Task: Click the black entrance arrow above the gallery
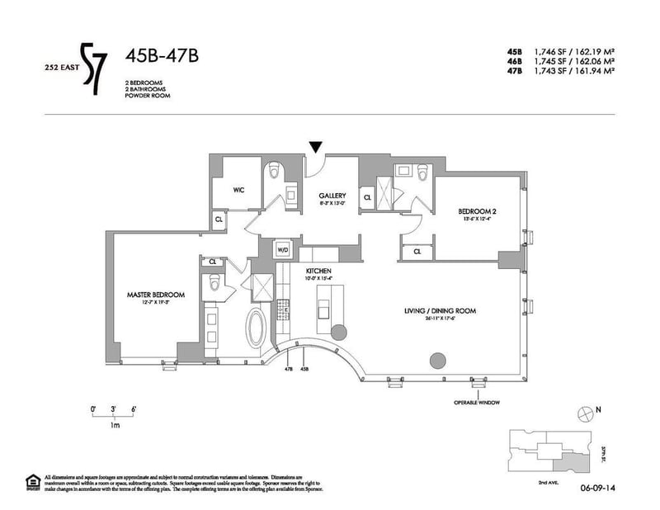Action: (316, 147)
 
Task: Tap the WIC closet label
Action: (238, 190)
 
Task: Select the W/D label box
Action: (282, 248)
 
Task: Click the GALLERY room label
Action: (332, 196)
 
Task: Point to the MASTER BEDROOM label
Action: (155, 295)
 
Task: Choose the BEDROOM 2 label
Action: (477, 212)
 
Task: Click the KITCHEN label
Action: (318, 271)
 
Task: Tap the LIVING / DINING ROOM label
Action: (441, 311)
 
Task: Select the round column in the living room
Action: (438, 361)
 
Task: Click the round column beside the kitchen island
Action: (338, 331)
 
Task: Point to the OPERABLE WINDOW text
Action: (477, 403)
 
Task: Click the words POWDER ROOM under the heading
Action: (148, 97)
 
